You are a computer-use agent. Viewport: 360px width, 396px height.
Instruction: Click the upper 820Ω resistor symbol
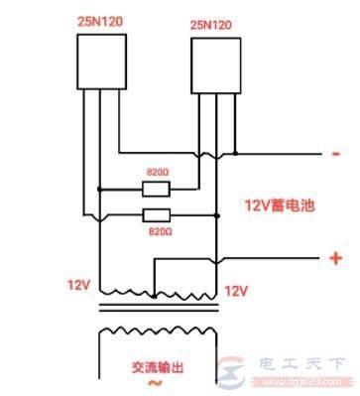click(x=155, y=189)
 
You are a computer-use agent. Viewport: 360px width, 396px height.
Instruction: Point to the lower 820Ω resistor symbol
click(x=155, y=214)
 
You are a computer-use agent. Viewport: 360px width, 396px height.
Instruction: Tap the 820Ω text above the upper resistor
click(x=156, y=171)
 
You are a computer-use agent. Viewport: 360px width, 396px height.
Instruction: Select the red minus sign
click(x=336, y=154)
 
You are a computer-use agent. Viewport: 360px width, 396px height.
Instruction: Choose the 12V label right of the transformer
click(x=236, y=291)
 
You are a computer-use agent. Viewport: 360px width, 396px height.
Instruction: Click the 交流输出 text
click(x=158, y=366)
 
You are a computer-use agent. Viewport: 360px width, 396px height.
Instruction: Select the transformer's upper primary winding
click(x=153, y=292)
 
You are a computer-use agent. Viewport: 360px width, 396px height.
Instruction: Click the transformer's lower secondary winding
click(x=155, y=329)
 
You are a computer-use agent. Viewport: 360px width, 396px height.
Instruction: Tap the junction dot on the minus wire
click(x=237, y=154)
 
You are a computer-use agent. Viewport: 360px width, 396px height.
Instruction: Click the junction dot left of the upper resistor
click(x=99, y=189)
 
